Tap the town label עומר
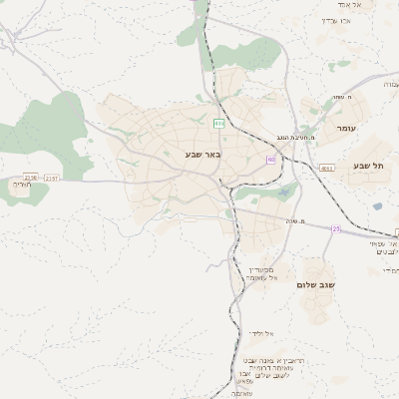(x=346, y=129)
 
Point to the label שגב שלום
(x=316, y=284)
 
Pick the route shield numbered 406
(x=218, y=123)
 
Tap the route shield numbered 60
(x=270, y=159)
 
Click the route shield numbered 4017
(x=328, y=169)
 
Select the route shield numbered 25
(x=336, y=229)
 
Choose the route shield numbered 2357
(x=52, y=178)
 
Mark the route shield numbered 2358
(x=30, y=178)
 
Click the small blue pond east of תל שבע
(x=378, y=206)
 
